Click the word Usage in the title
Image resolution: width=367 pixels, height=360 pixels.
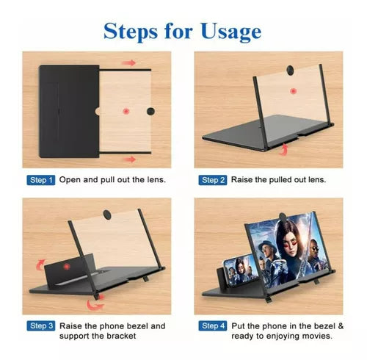click(231, 32)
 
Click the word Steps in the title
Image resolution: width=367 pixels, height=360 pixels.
click(131, 31)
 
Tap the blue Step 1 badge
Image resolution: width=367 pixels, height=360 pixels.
click(41, 180)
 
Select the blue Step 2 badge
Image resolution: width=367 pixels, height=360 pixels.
click(213, 180)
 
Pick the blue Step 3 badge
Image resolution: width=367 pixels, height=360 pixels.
click(41, 326)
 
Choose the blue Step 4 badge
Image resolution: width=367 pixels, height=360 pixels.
click(213, 326)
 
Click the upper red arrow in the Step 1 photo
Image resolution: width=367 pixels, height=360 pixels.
click(129, 63)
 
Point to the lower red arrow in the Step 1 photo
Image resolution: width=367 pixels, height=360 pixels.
click(129, 159)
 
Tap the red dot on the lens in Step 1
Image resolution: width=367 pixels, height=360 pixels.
click(126, 112)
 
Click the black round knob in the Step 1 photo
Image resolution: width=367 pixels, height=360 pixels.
click(150, 112)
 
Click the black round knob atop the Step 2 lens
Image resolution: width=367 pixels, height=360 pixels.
click(291, 70)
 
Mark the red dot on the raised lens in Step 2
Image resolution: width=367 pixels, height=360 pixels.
click(293, 91)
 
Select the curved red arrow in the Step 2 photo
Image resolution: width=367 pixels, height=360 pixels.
click(283, 149)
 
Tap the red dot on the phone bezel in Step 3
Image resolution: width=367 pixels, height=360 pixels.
click(67, 267)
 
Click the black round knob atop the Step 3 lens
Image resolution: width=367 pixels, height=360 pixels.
click(107, 215)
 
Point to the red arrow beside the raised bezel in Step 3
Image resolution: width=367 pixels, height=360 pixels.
click(40, 264)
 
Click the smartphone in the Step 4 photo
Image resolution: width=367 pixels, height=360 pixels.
click(240, 270)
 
